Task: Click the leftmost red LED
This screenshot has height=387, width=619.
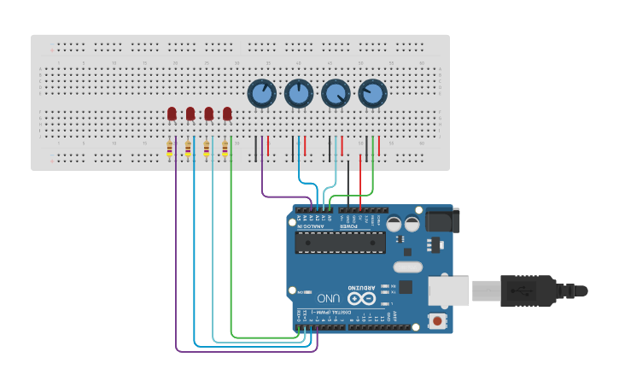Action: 172,113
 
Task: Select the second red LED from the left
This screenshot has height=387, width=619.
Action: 190,113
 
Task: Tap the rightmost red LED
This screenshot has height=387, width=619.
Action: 227,113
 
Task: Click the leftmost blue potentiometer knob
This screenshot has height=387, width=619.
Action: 261,93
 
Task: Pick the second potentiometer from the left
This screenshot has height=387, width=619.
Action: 298,93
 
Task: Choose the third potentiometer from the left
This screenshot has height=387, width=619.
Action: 336,93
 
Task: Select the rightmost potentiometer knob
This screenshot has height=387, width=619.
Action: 372,93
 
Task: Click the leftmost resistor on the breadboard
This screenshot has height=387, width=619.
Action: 169,150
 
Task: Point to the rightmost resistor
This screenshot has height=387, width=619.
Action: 225,150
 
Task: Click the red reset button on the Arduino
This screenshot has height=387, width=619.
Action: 438,321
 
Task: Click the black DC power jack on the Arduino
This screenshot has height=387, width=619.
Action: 441,220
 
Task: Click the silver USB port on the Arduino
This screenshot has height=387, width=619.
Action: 447,290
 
